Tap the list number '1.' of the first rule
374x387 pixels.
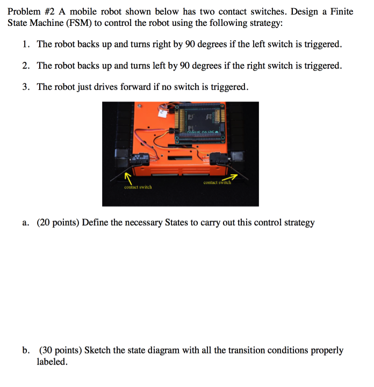pos(26,44)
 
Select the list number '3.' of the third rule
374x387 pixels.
pos(26,87)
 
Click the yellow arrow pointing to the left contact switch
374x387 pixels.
pos(128,177)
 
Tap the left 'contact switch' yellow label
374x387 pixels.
pos(138,187)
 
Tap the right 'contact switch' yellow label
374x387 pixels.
pos(217,183)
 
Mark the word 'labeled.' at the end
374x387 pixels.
pos(52,362)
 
